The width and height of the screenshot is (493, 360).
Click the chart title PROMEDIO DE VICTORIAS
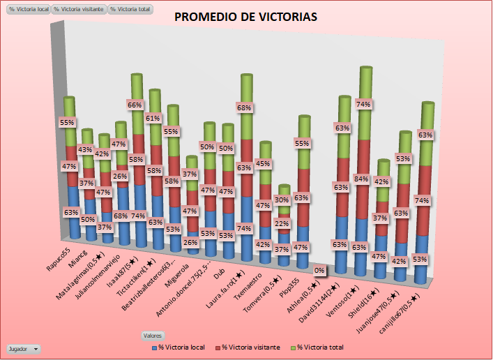(x=245, y=17)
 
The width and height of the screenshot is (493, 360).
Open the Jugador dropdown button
(x=23, y=348)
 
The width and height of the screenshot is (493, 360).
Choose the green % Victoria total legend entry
(x=317, y=347)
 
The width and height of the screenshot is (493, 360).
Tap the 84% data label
(x=362, y=179)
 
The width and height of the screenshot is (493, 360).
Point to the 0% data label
(x=319, y=270)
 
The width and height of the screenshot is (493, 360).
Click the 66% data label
(x=135, y=105)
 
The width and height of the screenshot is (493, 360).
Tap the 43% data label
(x=85, y=149)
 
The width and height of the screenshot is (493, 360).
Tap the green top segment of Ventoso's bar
(x=363, y=105)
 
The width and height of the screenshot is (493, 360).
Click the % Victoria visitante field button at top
(x=79, y=10)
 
